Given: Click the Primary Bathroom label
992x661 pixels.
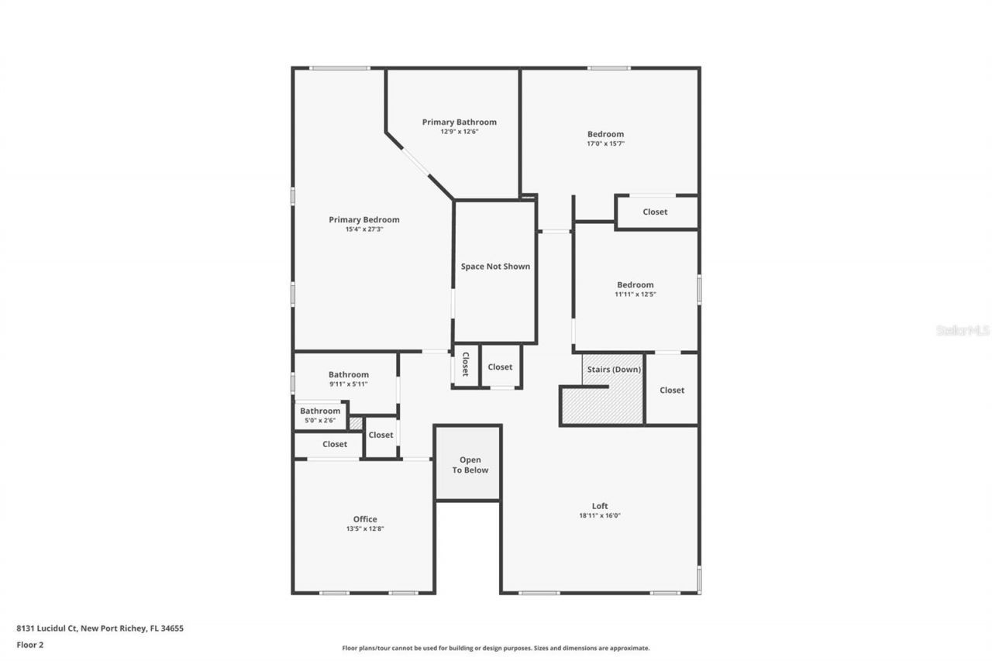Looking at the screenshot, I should pyautogui.click(x=459, y=122).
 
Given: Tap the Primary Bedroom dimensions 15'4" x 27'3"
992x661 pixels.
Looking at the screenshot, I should pyautogui.click(x=363, y=229).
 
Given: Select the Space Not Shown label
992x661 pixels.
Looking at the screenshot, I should pyautogui.click(x=495, y=267).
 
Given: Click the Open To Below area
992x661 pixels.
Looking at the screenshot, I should pyautogui.click(x=470, y=465).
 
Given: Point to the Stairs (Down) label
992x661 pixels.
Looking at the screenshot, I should pyautogui.click(x=614, y=370).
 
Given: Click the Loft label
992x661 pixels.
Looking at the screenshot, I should pyautogui.click(x=600, y=506).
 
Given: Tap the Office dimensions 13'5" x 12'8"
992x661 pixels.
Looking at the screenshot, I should pyautogui.click(x=365, y=528).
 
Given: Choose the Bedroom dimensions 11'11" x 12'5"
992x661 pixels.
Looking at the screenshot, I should pyautogui.click(x=635, y=294).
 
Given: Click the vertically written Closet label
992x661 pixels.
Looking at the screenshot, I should pyautogui.click(x=466, y=365).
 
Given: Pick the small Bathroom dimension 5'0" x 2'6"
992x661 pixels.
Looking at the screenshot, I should pyautogui.click(x=320, y=420).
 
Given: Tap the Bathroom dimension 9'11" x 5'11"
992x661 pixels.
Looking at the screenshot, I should pyautogui.click(x=348, y=384).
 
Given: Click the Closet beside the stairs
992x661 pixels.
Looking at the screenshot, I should pyautogui.click(x=672, y=391).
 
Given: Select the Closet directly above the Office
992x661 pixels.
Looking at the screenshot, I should pyautogui.click(x=335, y=444).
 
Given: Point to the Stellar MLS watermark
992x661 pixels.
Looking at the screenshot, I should pyautogui.click(x=963, y=330).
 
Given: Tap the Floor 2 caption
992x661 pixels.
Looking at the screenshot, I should pyautogui.click(x=30, y=644).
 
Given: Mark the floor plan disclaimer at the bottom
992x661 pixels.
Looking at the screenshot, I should pyautogui.click(x=496, y=648).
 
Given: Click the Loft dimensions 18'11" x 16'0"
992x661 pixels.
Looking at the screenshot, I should pyautogui.click(x=600, y=515).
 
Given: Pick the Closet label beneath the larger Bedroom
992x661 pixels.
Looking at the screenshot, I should pyautogui.click(x=655, y=212).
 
